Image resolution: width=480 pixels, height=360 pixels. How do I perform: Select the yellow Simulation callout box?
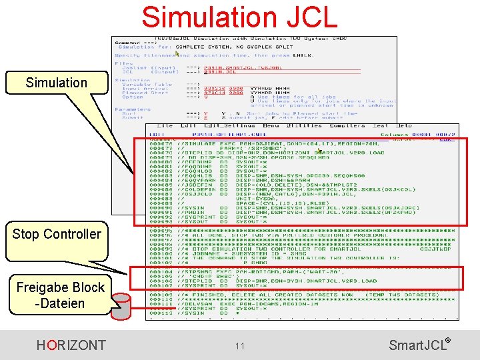coord(57,83)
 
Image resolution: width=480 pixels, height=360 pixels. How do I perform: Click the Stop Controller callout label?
coord(57,234)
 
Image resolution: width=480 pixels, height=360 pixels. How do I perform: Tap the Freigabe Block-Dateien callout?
coord(60,295)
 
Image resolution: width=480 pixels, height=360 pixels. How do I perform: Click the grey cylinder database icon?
coord(121,306)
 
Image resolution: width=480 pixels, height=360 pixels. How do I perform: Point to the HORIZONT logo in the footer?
coord(71,345)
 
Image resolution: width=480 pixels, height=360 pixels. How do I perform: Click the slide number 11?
coord(240,346)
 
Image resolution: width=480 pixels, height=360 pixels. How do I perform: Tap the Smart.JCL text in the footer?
coord(417,345)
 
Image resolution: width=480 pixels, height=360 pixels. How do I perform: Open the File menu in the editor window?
coord(165,125)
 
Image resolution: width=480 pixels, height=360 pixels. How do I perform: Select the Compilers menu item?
coord(347,125)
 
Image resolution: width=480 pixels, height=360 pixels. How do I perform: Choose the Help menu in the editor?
coord(404,125)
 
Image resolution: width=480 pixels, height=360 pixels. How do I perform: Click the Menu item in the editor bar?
coord(271,125)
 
